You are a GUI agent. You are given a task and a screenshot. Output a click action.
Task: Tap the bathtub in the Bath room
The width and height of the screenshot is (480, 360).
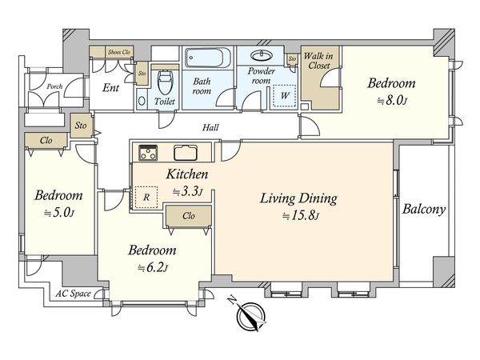click(x=207, y=58)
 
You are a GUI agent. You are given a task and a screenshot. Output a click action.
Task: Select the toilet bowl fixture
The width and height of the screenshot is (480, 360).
click(x=165, y=82)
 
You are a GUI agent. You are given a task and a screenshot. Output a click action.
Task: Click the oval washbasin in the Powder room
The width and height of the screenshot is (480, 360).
click(x=261, y=56)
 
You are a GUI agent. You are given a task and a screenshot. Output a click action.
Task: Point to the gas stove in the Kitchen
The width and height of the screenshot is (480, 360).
click(x=148, y=153)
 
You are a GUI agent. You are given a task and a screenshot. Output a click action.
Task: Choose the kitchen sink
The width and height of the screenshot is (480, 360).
click(x=186, y=153)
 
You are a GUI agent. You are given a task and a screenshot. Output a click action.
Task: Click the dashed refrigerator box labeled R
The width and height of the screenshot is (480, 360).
click(x=146, y=197)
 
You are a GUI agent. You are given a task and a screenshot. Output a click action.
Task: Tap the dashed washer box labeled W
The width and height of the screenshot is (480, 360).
click(x=285, y=95)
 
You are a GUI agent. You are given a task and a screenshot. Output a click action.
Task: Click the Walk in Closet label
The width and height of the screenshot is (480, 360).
click(x=318, y=61)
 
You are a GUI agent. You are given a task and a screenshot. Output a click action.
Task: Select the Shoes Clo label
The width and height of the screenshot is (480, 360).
click(x=119, y=52)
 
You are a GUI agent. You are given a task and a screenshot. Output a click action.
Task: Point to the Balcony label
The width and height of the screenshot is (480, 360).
click(x=424, y=210)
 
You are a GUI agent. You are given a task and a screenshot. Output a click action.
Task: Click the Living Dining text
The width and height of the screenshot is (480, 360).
click(x=298, y=198)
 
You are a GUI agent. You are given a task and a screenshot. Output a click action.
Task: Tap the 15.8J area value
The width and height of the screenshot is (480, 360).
click(x=301, y=216)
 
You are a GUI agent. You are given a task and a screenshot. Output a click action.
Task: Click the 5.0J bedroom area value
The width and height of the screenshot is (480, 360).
click(x=59, y=213)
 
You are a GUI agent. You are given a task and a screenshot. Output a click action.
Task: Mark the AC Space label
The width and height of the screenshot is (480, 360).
click(x=73, y=294)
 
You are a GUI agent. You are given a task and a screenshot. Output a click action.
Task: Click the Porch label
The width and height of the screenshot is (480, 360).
click(x=54, y=86)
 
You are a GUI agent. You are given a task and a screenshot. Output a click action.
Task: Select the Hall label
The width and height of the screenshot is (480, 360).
click(x=210, y=127)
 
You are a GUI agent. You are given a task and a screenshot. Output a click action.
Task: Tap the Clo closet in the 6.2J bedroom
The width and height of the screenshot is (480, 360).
click(x=189, y=217)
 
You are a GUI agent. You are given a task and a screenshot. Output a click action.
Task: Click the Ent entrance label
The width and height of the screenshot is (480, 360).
click(x=110, y=88)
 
